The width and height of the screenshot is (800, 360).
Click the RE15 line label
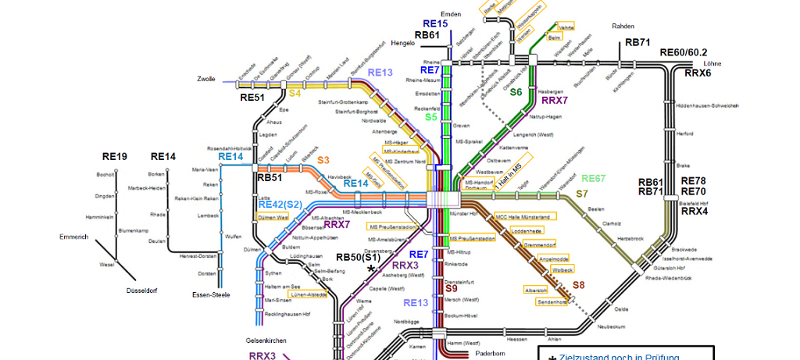click(x=436, y=24)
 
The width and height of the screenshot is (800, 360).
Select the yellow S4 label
click(x=295, y=93)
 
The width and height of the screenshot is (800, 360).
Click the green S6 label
click(x=516, y=92)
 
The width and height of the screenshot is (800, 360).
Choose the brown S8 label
click(x=578, y=285)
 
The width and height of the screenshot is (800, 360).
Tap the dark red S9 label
click(x=451, y=289)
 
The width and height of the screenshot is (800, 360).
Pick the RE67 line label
click(x=593, y=179)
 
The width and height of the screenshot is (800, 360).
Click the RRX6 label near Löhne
click(x=698, y=73)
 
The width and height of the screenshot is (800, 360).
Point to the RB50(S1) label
click(x=359, y=257)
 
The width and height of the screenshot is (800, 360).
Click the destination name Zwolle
click(x=207, y=80)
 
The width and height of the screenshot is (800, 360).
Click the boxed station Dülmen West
click(x=272, y=218)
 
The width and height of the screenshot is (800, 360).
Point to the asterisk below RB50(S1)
click(x=372, y=269)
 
